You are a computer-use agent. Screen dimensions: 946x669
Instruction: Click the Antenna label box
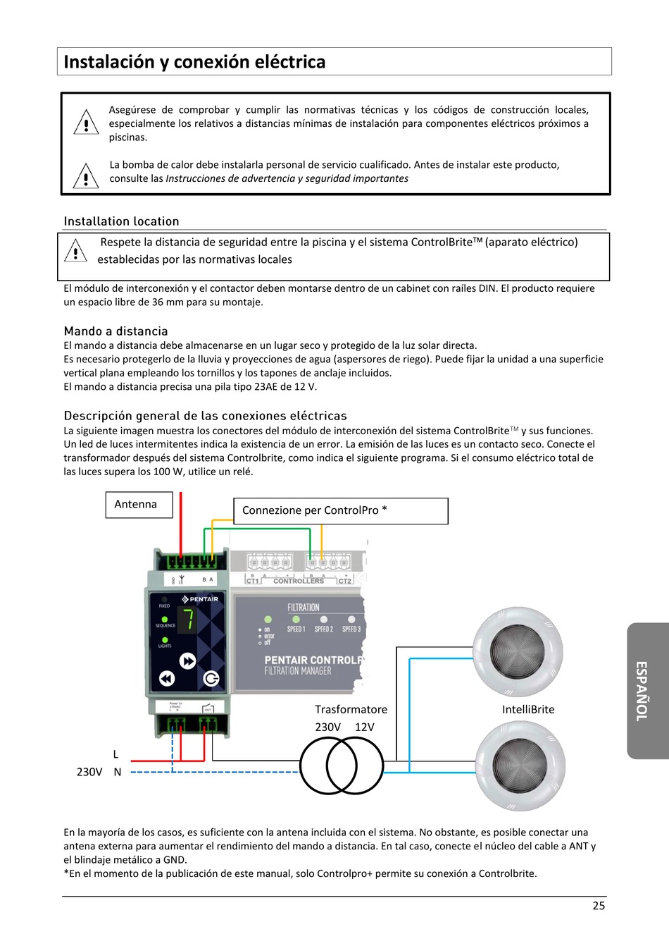(139, 505)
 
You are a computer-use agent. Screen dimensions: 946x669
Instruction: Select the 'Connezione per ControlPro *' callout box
(340, 511)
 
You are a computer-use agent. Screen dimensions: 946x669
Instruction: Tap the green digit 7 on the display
(188, 620)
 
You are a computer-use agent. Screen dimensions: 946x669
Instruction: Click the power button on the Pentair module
(211, 679)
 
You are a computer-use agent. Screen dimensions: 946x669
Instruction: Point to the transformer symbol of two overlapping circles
(342, 765)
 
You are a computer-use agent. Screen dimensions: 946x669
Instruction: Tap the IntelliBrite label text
(528, 710)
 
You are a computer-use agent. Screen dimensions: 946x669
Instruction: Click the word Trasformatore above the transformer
(351, 710)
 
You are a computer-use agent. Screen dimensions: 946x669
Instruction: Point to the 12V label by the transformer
(365, 727)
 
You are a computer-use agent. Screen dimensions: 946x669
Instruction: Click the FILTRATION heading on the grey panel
(303, 608)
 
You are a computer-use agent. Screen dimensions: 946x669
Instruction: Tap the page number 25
(599, 907)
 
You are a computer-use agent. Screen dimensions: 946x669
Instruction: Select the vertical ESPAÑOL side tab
(643, 691)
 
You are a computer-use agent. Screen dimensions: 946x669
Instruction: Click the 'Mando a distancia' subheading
(115, 331)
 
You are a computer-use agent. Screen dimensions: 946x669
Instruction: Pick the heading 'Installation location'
(121, 221)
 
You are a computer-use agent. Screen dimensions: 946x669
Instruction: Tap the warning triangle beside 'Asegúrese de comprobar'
(86, 123)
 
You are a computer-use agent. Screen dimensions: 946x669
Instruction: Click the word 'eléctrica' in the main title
(289, 62)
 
